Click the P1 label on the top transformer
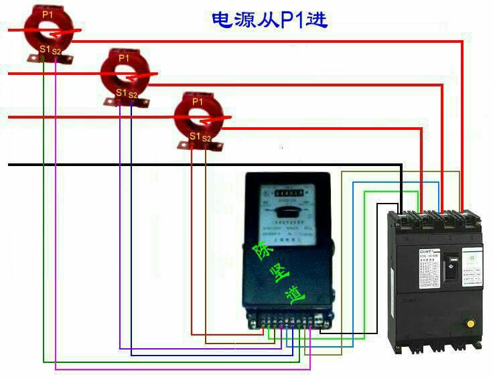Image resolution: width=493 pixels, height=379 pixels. point(46,13)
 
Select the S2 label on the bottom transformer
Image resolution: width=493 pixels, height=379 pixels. point(206,138)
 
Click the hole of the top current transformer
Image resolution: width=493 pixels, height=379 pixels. point(47,30)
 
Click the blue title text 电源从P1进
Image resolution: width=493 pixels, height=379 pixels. point(269,19)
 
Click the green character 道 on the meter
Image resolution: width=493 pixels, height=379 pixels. point(295,297)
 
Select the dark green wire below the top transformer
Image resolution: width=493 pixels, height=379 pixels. point(44,201)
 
